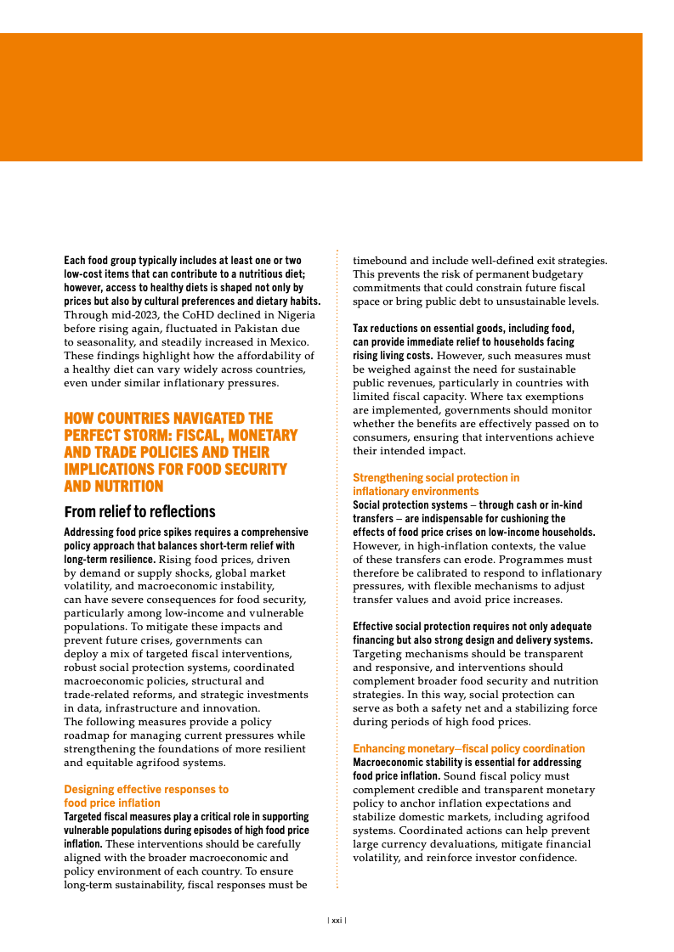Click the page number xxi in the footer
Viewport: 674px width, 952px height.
coord(337,920)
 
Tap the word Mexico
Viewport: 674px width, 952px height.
coord(286,341)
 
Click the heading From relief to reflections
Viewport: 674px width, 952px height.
coord(139,511)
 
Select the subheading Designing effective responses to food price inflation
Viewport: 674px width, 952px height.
coord(146,796)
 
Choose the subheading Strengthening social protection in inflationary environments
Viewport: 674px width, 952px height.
coord(435,485)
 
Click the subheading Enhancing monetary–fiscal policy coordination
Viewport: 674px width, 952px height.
coord(468,748)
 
